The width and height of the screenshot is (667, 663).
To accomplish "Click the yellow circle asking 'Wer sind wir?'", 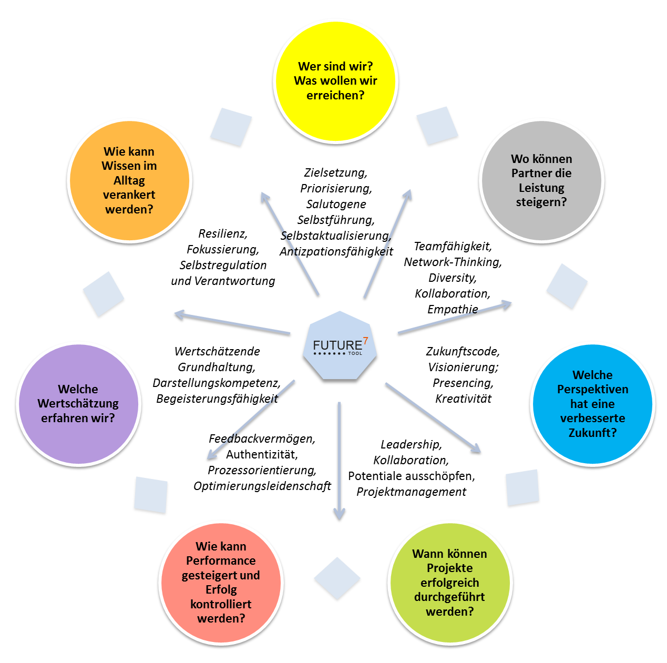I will pos(335,81).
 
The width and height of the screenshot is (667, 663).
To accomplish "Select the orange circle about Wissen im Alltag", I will pos(129,180).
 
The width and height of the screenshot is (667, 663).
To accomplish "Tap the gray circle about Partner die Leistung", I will pos(541,180).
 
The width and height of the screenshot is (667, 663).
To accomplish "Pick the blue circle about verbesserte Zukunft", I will pos(592,404).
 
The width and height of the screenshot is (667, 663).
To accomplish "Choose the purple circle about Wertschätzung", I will pos(78,404).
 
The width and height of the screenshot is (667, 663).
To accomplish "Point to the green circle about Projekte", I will pos(449,583).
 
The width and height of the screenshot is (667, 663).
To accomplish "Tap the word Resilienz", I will pos(222,233).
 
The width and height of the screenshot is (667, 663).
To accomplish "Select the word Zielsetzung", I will pos(335,172).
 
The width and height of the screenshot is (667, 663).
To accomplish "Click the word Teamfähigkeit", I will pos(453,246).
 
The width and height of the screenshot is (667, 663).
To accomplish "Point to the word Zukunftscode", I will pos(463,351).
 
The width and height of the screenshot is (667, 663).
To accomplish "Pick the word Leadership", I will pos(411,444).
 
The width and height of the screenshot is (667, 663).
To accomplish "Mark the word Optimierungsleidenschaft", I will pos(262,486).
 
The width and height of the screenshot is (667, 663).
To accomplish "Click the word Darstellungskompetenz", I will pos(216,383).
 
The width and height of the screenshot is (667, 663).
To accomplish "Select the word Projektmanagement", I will pos(411,492).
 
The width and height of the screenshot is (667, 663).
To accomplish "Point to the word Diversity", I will pos(452,278).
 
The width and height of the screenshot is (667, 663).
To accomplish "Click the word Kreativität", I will pos(463,399).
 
